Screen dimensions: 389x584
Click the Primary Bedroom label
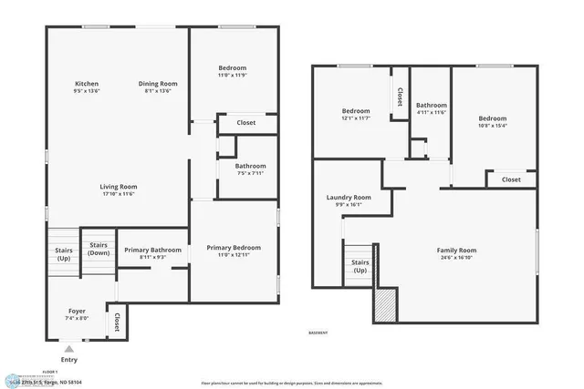[234, 248]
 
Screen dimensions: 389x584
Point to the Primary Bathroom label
[152, 251]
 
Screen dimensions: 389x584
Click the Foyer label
[77, 312]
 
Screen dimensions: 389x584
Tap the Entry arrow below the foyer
[68, 348]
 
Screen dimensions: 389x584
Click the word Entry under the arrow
[68, 359]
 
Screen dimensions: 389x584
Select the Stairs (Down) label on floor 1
[98, 249]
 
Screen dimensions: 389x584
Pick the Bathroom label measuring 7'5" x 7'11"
[250, 167]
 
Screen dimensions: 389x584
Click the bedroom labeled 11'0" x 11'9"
[232, 68]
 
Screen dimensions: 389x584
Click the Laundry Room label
[349, 198]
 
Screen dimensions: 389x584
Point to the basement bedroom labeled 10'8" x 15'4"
[493, 118]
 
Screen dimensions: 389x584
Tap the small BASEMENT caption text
[317, 333]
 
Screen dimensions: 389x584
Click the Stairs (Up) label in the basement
[360, 266]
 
